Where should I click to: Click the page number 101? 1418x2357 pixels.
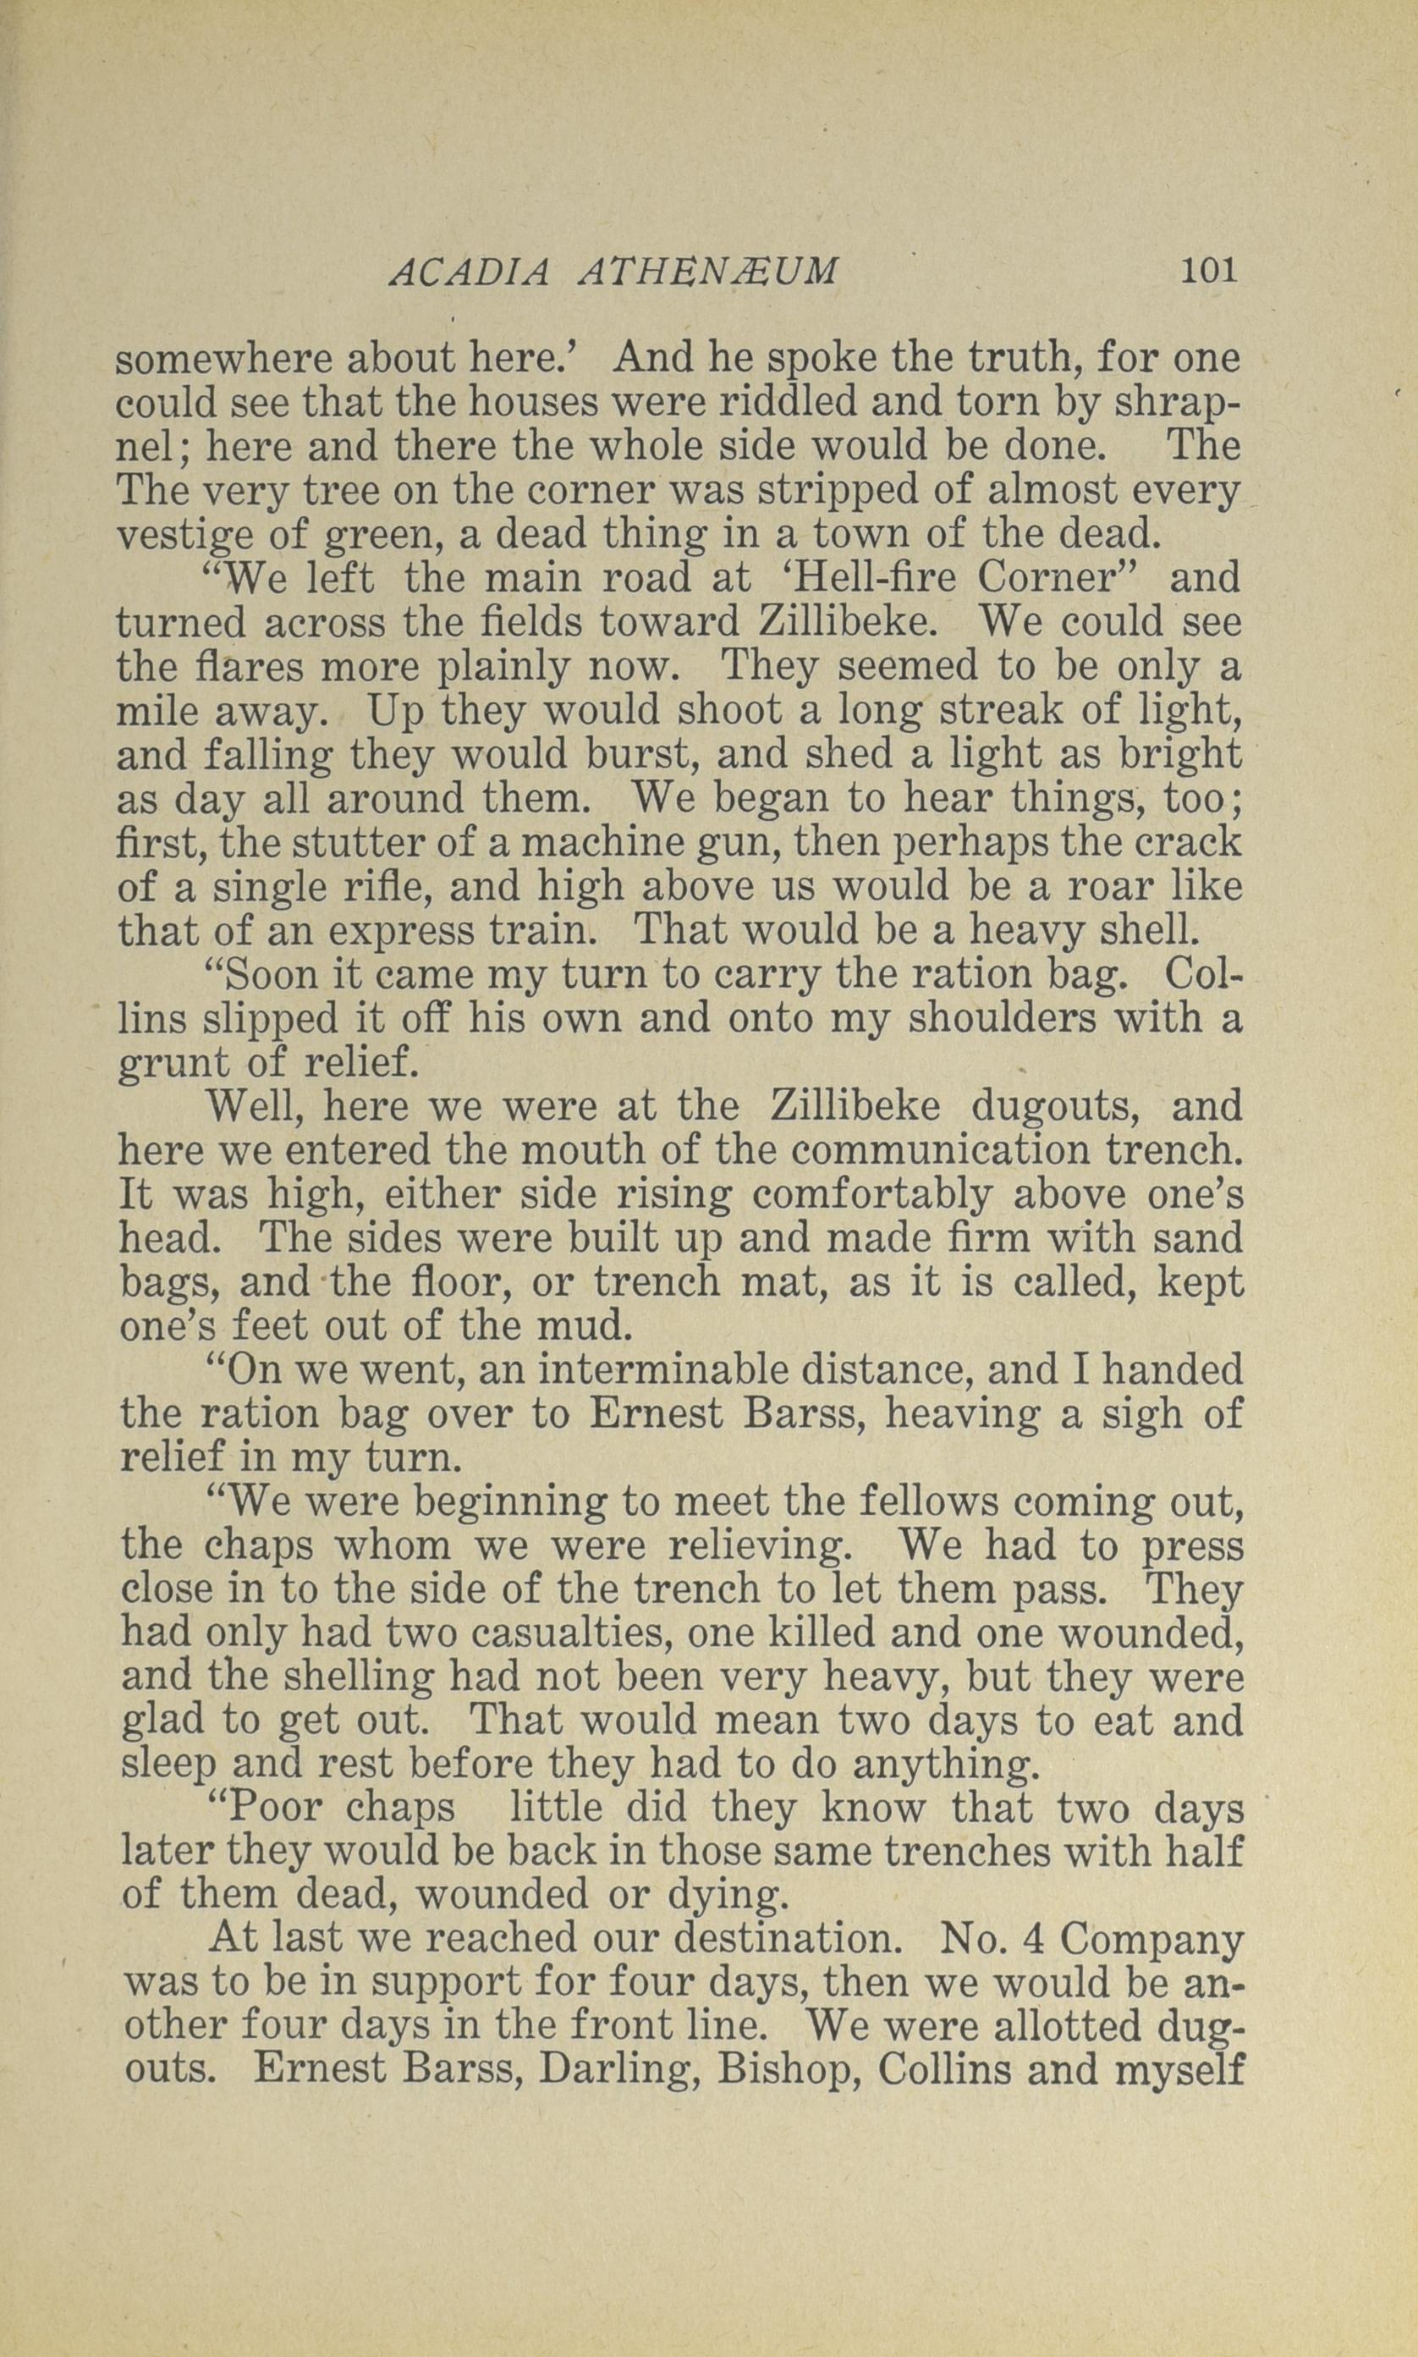point(1209,271)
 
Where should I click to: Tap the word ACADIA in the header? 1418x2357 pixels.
point(470,274)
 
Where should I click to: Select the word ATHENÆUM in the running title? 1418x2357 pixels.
point(708,274)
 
